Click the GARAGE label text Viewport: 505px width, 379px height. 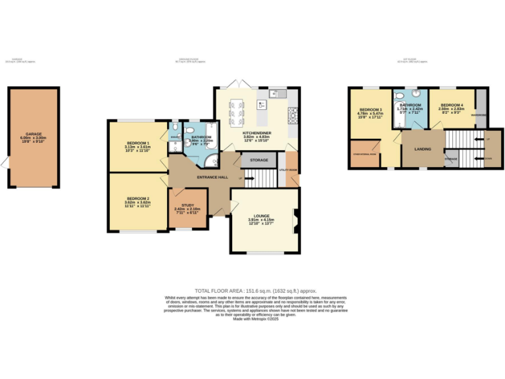34,134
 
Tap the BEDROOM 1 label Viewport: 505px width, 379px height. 138,143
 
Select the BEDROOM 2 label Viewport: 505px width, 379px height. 138,198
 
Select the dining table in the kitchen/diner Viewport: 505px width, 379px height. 235,113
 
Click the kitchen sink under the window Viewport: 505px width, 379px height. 281,93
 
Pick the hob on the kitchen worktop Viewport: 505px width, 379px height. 293,116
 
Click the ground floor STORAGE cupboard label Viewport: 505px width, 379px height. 258,159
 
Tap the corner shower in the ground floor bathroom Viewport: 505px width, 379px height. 210,161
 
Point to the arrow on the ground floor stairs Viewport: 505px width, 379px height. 244,178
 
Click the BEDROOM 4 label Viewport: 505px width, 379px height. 452,105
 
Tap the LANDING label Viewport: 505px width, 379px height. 423,149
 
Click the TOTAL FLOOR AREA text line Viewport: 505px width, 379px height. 256,290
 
